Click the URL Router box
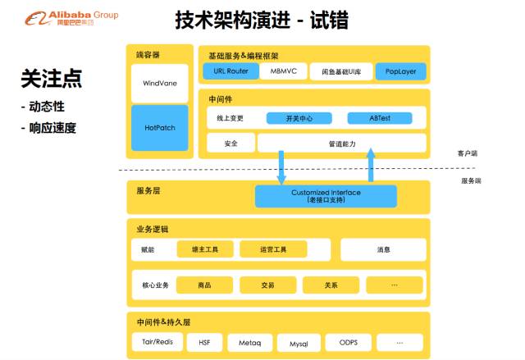click(231, 71)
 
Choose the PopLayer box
click(401, 71)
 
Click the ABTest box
click(379, 118)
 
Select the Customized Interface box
click(326, 196)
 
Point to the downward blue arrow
click(282, 166)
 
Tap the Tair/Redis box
click(156, 341)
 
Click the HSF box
click(204, 341)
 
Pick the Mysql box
click(297, 342)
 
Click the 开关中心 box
click(297, 118)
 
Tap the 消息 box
click(383, 249)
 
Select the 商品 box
click(204, 285)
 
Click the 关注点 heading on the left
click(51, 80)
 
